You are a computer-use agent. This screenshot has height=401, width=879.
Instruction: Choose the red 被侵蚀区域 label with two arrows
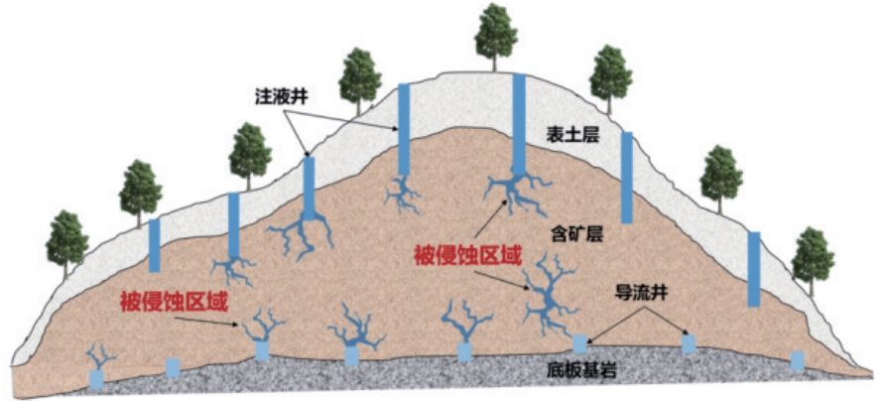(468, 256)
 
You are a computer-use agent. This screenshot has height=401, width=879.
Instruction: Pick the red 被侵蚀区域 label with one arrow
(175, 302)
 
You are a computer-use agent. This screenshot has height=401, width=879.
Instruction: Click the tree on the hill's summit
(496, 37)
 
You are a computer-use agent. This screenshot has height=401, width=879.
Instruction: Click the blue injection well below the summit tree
(519, 123)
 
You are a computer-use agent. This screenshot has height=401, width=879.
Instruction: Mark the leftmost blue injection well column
(154, 245)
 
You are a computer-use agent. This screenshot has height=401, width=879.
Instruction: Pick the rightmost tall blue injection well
(754, 269)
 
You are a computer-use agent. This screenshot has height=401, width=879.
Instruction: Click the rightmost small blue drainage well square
(798, 360)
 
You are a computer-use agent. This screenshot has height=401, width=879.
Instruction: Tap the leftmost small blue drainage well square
(96, 380)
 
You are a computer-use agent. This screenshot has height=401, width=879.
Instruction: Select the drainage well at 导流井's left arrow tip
(579, 343)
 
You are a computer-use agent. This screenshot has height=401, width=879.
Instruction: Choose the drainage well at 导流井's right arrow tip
(689, 344)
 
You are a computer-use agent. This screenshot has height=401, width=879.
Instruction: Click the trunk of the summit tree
(494, 64)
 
